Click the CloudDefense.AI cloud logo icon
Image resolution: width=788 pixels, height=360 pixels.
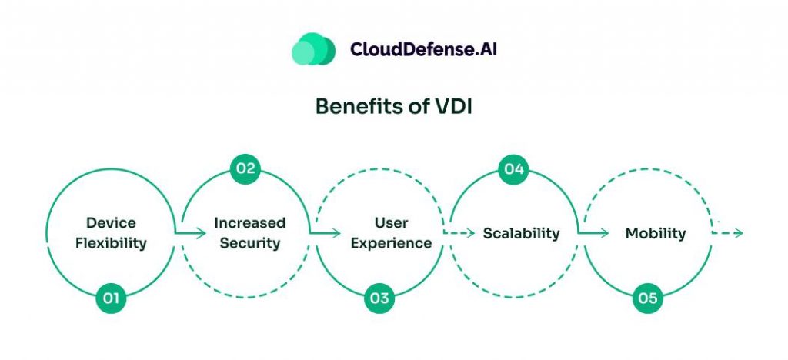(x=313, y=48)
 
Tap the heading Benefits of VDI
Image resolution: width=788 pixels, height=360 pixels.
(x=393, y=106)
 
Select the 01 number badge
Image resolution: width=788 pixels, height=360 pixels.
(x=111, y=298)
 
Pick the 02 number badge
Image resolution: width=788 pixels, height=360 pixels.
(x=245, y=169)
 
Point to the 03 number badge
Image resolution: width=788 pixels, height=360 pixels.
(x=379, y=298)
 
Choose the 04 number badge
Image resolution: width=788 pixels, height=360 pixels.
(x=513, y=169)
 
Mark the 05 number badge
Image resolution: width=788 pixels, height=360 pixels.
(x=648, y=298)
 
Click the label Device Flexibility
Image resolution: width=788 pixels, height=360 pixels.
(x=111, y=233)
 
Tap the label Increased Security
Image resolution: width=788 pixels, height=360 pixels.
(x=249, y=233)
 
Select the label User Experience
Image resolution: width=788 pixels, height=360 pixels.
(x=392, y=233)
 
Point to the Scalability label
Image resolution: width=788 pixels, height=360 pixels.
(x=521, y=233)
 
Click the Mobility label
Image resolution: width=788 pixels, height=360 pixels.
(x=655, y=233)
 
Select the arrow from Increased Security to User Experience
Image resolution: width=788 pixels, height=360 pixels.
(x=325, y=232)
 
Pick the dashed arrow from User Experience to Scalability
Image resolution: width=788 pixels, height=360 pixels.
(x=459, y=232)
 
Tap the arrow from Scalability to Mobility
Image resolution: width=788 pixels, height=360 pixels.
(x=593, y=232)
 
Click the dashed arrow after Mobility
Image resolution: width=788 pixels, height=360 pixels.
(x=728, y=232)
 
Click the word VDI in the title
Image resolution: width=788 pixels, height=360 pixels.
(x=452, y=106)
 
